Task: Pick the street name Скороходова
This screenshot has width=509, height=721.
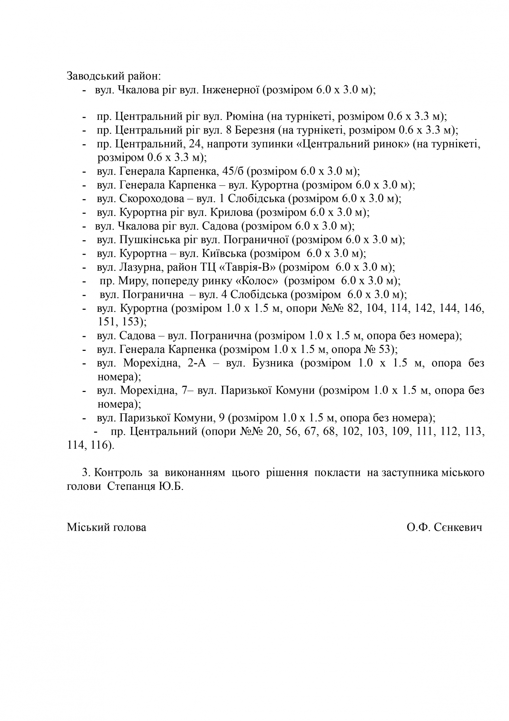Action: pyautogui.click(x=152, y=199)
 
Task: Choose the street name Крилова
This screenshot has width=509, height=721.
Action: pyautogui.click(x=231, y=213)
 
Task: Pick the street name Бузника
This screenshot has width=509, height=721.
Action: pyautogui.click(x=273, y=363)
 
